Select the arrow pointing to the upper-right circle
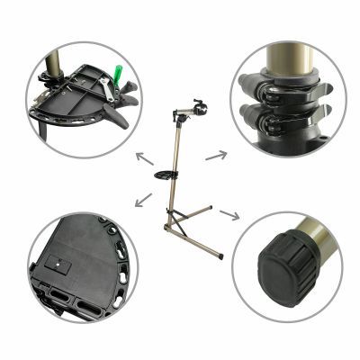[x=215, y=155]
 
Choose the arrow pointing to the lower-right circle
[x=228, y=217]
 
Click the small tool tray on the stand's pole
[x=167, y=173]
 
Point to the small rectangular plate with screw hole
[x=60, y=265]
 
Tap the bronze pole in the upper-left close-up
[x=53, y=63]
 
